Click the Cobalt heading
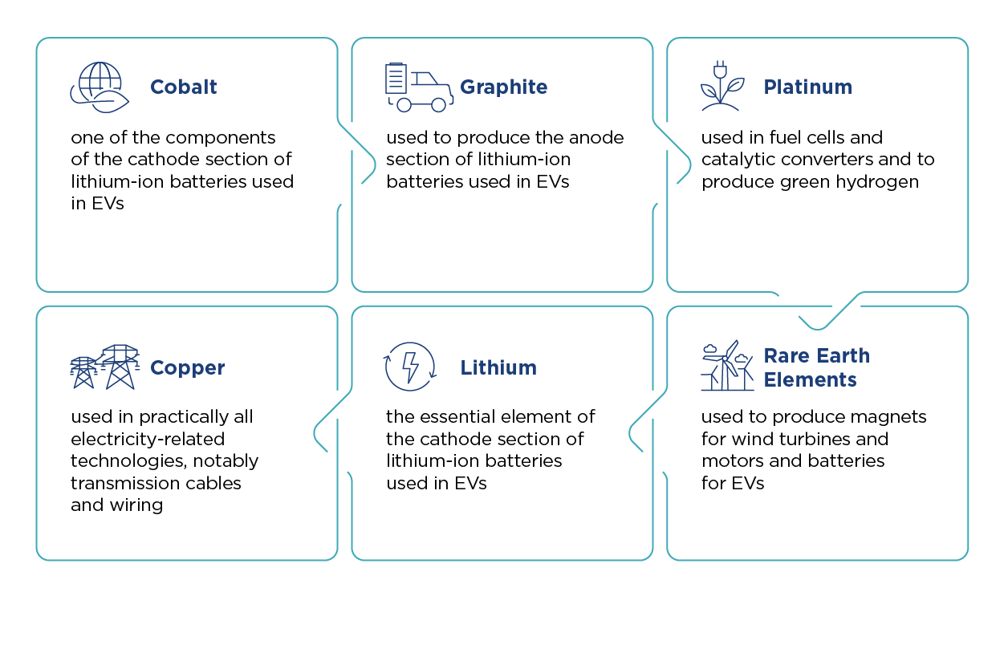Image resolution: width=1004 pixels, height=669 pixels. [183, 87]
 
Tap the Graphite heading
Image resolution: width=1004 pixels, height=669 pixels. [503, 87]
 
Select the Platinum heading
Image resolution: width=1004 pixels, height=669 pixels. [807, 87]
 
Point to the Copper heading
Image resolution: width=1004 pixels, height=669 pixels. [187, 368]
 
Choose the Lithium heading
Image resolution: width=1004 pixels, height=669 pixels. [498, 367]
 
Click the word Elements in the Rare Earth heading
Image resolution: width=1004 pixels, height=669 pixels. [810, 379]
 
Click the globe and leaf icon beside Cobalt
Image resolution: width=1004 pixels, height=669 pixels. [100, 87]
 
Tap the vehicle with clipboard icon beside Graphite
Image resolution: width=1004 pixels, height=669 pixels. [419, 87]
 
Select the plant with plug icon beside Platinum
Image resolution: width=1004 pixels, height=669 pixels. [722, 86]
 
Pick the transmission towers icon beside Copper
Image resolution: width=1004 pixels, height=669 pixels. [104, 367]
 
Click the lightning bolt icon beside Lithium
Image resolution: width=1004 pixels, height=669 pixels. [409, 367]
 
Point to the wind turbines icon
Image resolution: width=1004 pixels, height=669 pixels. [727, 366]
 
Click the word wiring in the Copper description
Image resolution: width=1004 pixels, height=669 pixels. [136, 506]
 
